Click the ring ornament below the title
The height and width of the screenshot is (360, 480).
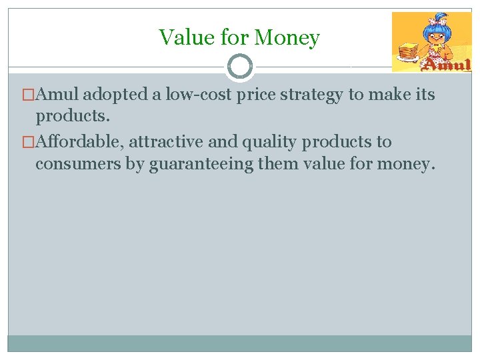pos(240,67)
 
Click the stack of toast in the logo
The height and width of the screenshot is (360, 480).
pos(407,51)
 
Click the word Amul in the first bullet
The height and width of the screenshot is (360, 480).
pos(59,95)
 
